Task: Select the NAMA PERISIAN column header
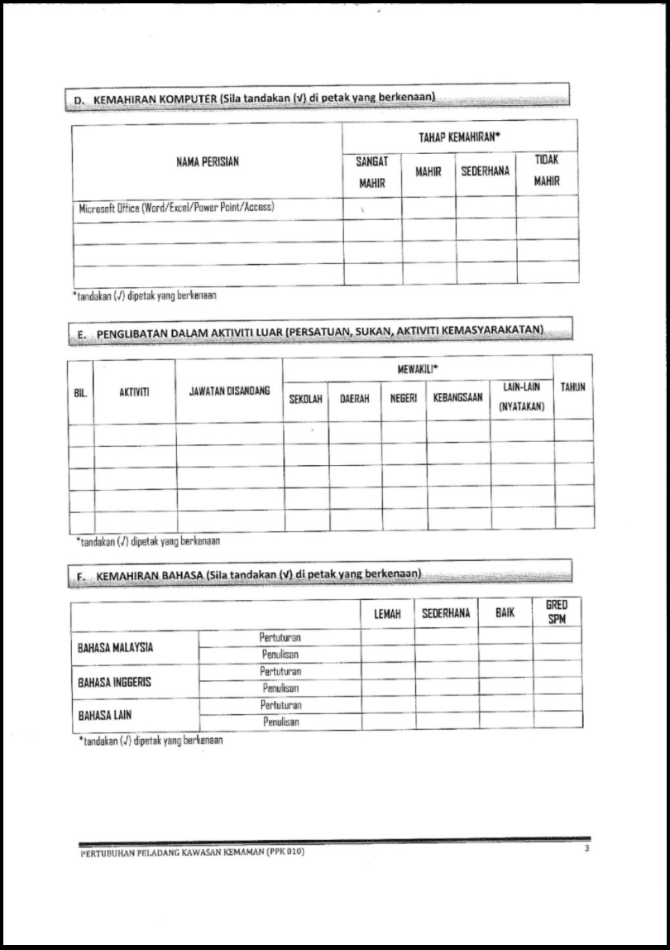(x=208, y=162)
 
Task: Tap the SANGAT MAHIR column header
(x=372, y=173)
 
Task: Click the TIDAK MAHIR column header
(x=547, y=171)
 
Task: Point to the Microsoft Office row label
(x=176, y=208)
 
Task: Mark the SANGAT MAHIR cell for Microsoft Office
(x=372, y=209)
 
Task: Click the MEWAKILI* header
(x=418, y=369)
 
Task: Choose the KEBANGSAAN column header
(x=457, y=398)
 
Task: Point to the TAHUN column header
(x=572, y=387)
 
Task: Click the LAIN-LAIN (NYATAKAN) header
(x=521, y=397)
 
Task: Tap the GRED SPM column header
(x=557, y=613)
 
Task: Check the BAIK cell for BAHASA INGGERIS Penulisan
(x=505, y=688)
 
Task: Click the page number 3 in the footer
(x=586, y=851)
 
